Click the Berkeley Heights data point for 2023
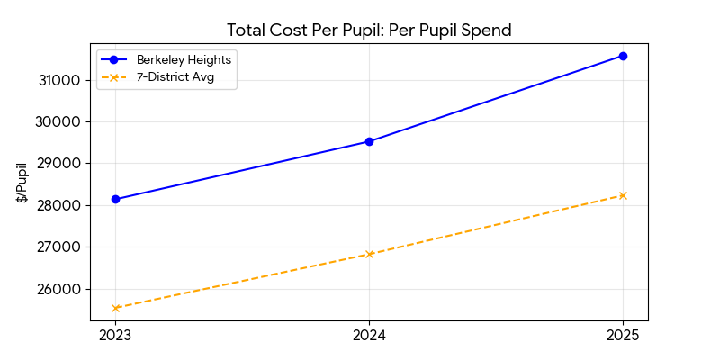(115, 199)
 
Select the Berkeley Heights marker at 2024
(369, 141)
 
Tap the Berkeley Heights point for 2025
(623, 56)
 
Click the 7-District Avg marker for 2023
(115, 308)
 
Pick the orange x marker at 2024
(369, 254)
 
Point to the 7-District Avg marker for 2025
(623, 195)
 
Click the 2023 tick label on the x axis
(115, 336)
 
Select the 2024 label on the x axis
(369, 336)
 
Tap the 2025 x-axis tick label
(623, 336)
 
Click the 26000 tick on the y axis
(60, 289)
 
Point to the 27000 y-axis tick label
(60, 247)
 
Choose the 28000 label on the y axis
(60, 205)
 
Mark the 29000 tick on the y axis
(60, 164)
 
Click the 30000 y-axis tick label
(60, 121)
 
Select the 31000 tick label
(60, 80)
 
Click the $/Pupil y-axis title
(22, 182)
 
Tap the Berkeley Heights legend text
(184, 59)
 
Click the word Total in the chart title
(247, 31)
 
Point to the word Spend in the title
(486, 31)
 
